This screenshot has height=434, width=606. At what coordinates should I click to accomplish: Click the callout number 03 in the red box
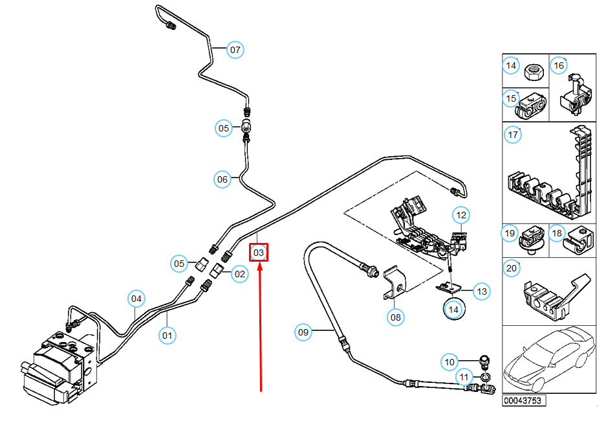259,252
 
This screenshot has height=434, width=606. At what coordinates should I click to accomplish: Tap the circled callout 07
234,49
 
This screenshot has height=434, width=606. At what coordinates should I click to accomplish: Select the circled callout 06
222,179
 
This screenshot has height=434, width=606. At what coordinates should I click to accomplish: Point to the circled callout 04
136,299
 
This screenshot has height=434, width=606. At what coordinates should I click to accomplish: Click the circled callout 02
240,273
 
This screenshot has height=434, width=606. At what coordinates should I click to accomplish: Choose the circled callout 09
303,333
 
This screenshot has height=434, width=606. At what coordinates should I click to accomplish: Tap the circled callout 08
396,317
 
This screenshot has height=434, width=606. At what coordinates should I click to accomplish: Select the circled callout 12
460,214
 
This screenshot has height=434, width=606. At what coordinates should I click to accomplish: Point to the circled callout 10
450,361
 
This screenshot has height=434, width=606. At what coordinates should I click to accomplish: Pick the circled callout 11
463,376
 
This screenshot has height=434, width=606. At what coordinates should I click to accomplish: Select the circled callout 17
513,135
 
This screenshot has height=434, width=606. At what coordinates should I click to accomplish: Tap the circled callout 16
559,65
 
